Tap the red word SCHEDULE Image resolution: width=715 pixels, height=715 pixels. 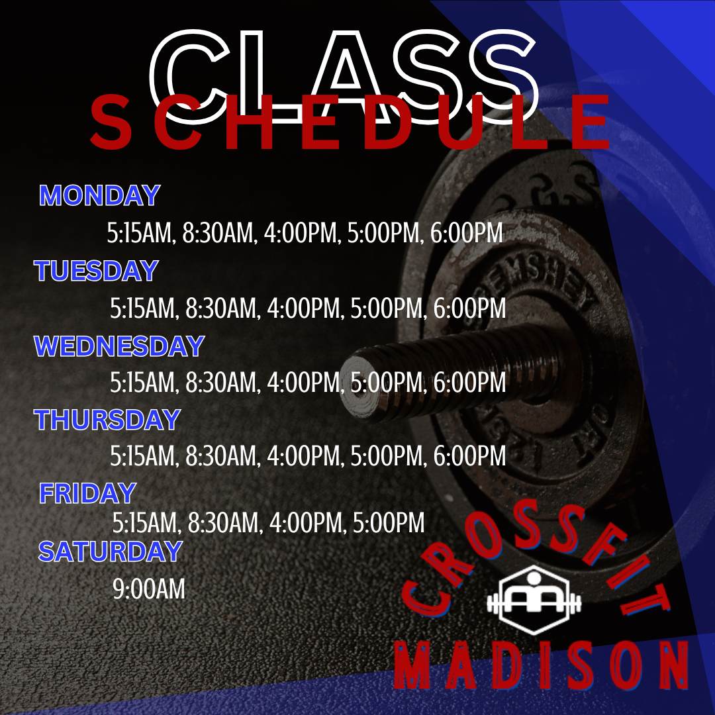(x=350, y=122)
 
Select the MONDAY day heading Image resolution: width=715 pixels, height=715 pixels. (x=99, y=195)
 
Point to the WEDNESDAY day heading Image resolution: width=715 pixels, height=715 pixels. (x=119, y=346)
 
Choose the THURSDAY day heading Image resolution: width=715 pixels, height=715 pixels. (x=107, y=419)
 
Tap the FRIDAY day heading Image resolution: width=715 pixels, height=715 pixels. (x=87, y=493)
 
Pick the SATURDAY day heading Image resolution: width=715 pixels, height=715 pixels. (x=111, y=551)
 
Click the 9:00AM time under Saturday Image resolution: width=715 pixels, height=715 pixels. (x=149, y=589)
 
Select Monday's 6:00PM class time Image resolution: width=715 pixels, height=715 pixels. (x=467, y=232)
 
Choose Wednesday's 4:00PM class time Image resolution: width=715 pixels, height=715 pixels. (x=303, y=382)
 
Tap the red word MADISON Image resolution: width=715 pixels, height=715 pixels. (x=542, y=665)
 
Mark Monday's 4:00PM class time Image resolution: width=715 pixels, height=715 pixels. (x=301, y=232)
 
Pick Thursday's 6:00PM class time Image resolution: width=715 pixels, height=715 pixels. (x=469, y=455)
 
